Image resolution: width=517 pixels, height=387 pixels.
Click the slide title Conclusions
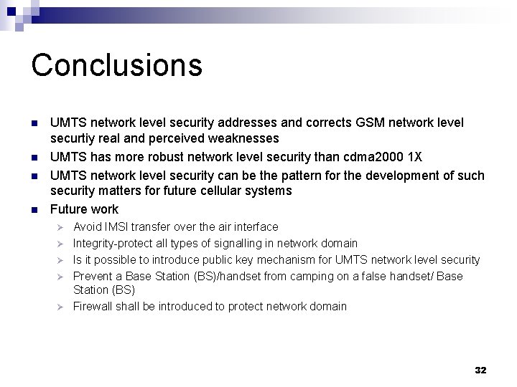[x=116, y=64]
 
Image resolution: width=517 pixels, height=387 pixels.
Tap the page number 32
[x=480, y=370]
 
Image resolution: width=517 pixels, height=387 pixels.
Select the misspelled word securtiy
[x=73, y=138]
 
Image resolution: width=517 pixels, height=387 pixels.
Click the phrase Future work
[x=84, y=209]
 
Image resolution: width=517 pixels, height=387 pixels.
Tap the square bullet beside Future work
[x=33, y=210]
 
